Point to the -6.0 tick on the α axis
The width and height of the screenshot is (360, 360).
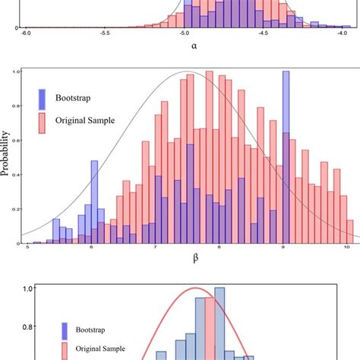pyautogui.click(x=26, y=34)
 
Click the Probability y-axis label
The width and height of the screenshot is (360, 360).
pyautogui.click(x=7, y=157)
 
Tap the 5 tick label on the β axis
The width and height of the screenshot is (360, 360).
pyautogui.click(x=27, y=248)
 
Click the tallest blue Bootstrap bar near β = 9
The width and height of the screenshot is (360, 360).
pyautogui.click(x=286, y=152)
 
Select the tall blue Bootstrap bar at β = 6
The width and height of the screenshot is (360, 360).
pyautogui.click(x=93, y=201)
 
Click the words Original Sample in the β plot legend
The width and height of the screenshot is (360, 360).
pyautogui.click(x=83, y=120)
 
